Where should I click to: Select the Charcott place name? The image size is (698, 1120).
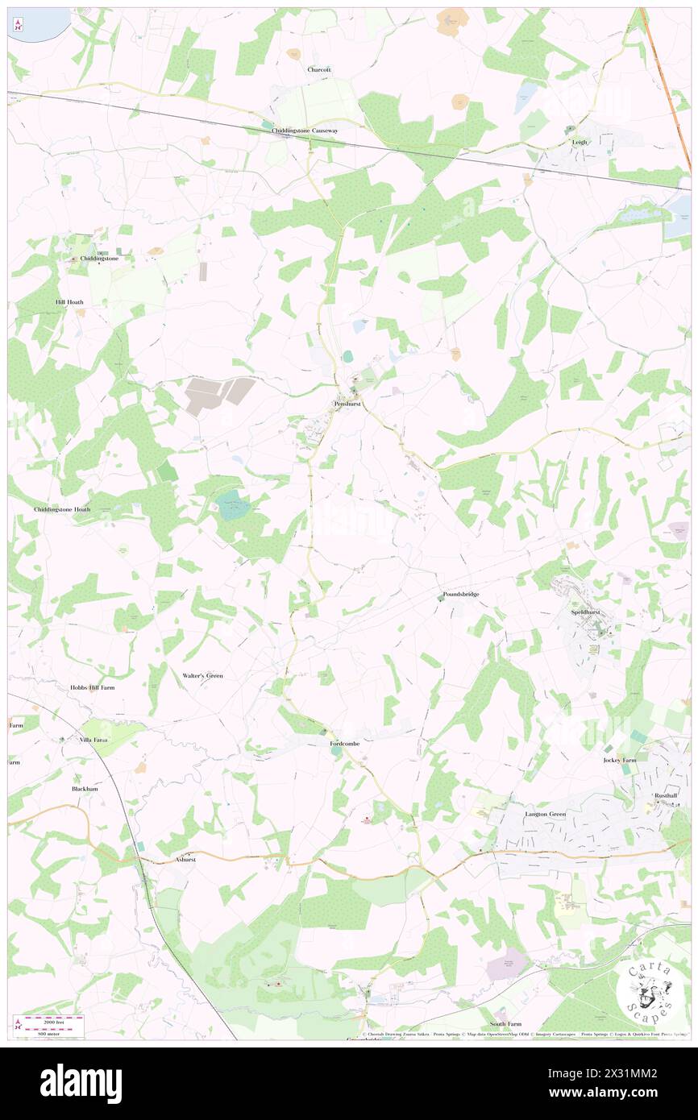[x=319, y=70]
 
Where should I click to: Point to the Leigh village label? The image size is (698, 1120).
[x=580, y=142]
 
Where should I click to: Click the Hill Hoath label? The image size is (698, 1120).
[x=69, y=302]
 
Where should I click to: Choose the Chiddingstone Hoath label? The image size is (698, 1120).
[x=62, y=510]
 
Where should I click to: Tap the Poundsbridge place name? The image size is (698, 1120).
[x=461, y=595]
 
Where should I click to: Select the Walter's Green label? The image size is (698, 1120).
[x=202, y=675]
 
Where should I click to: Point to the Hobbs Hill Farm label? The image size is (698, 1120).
[x=92, y=687]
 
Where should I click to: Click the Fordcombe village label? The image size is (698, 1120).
[x=345, y=743]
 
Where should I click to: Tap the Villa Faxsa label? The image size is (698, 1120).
[x=93, y=739]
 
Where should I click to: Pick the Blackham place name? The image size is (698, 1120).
[x=85, y=789]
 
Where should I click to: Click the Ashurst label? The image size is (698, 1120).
[x=186, y=861]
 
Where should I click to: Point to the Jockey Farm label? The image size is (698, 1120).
[x=620, y=760]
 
